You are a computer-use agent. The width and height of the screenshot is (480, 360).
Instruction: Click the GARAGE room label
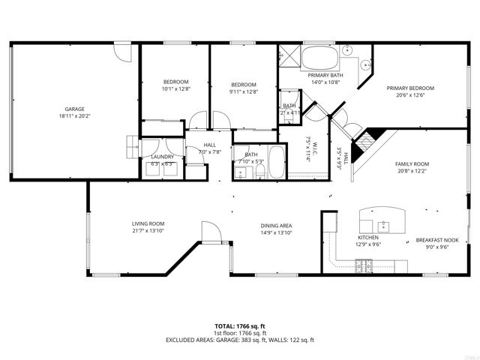[73, 109]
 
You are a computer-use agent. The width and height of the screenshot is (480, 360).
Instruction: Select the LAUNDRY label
[162, 157]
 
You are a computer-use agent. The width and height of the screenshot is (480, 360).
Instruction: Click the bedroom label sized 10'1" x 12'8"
[176, 82]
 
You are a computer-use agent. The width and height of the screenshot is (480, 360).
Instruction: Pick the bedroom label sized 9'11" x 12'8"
[244, 85]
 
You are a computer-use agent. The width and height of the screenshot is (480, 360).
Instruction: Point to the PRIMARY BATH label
[325, 75]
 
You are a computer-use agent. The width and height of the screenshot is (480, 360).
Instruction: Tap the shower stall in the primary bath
[289, 57]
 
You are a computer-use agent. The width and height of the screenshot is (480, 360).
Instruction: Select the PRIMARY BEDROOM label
[410, 88]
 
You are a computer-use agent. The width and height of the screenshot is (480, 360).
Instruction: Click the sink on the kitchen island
[381, 224]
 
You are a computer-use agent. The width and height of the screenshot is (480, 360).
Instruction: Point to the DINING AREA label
[275, 226]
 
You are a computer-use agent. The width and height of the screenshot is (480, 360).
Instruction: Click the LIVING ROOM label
[148, 223]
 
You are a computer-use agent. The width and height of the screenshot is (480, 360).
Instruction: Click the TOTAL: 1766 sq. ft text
[240, 326]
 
